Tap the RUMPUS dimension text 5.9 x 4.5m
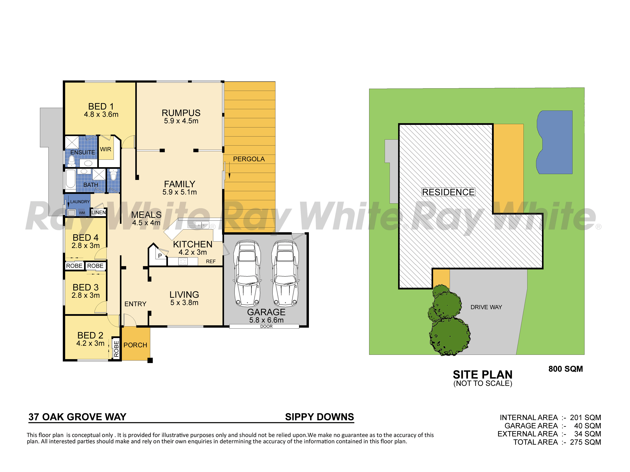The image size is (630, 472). [x=181, y=121]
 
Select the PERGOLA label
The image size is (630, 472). [x=249, y=159]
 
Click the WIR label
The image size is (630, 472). [x=106, y=149]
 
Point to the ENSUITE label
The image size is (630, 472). [x=83, y=152]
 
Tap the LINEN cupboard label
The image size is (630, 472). [x=99, y=213]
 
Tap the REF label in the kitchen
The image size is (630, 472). [x=211, y=261]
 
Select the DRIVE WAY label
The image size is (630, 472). [x=486, y=307]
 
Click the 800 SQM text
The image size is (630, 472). [x=566, y=369]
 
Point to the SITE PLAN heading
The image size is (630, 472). [x=483, y=374]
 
